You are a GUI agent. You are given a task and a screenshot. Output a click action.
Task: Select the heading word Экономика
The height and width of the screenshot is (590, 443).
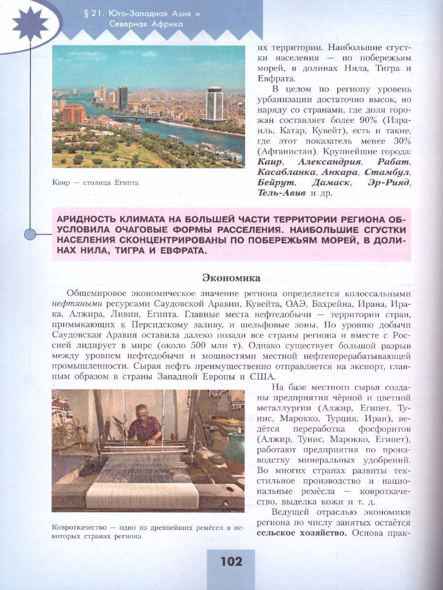(231, 278)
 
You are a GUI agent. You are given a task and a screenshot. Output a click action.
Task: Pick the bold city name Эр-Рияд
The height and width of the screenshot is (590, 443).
(389, 182)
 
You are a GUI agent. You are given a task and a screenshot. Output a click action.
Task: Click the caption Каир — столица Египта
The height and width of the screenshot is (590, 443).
(95, 183)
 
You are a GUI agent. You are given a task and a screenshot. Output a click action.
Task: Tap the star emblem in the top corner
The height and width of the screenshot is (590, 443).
(31, 24)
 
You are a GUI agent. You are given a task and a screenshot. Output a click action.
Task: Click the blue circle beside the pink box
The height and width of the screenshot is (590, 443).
(31, 234)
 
